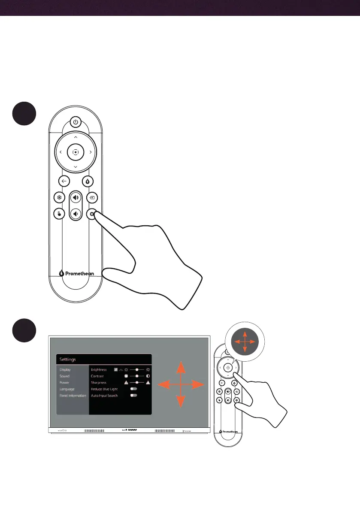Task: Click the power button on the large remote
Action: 76,122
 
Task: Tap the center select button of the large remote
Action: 76,152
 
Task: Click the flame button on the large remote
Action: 88,181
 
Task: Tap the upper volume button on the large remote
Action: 76,198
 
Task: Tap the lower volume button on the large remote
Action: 76,213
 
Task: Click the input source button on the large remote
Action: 92,198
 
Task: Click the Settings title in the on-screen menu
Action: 68,360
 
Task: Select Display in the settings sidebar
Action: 65,369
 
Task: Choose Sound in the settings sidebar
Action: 64,376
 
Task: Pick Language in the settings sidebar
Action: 67,389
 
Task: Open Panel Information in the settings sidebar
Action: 73,395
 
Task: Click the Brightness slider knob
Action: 137,369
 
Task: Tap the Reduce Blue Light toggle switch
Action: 133,389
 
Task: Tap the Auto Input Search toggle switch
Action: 133,395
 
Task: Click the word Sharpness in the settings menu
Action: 98,382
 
